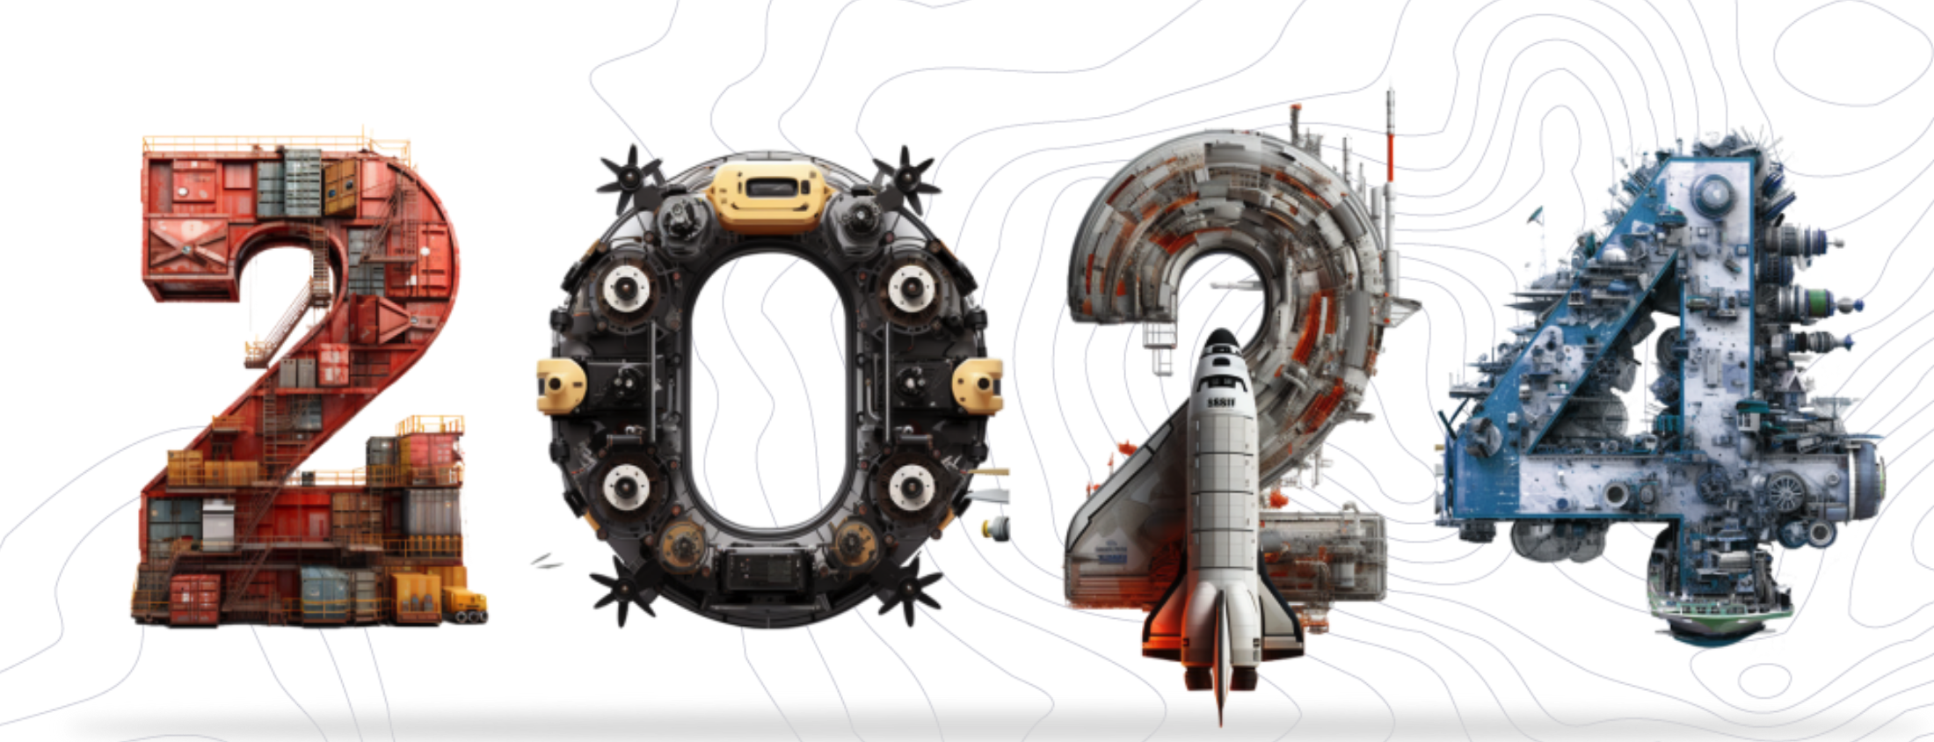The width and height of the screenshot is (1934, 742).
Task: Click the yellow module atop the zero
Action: click(768, 193)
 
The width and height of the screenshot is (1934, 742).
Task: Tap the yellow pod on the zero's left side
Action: click(561, 385)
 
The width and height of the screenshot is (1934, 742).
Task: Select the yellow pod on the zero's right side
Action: click(978, 385)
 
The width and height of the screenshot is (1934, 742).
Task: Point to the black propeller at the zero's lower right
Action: click(907, 587)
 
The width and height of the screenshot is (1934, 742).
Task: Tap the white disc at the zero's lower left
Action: click(625, 485)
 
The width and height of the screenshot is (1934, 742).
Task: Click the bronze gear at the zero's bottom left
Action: click(682, 544)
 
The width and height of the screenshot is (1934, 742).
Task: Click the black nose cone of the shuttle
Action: click(1220, 342)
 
